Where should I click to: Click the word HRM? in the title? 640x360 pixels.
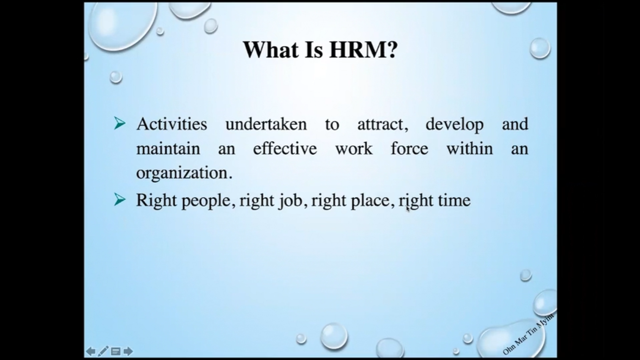click(x=363, y=50)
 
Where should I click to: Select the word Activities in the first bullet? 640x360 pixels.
click(x=172, y=124)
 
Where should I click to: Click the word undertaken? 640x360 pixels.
click(x=266, y=124)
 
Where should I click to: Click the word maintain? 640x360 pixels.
click(x=168, y=149)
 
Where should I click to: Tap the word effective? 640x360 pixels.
click(x=285, y=149)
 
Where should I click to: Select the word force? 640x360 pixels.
click(x=409, y=149)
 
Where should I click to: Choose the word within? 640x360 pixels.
click(x=470, y=149)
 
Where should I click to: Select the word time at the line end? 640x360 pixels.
click(x=454, y=201)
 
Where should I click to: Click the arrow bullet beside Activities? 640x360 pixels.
click(x=120, y=123)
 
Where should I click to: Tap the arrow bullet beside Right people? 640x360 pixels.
click(x=120, y=199)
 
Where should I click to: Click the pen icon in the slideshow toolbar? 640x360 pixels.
click(x=103, y=351)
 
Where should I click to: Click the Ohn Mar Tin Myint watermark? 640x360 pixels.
click(x=528, y=334)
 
